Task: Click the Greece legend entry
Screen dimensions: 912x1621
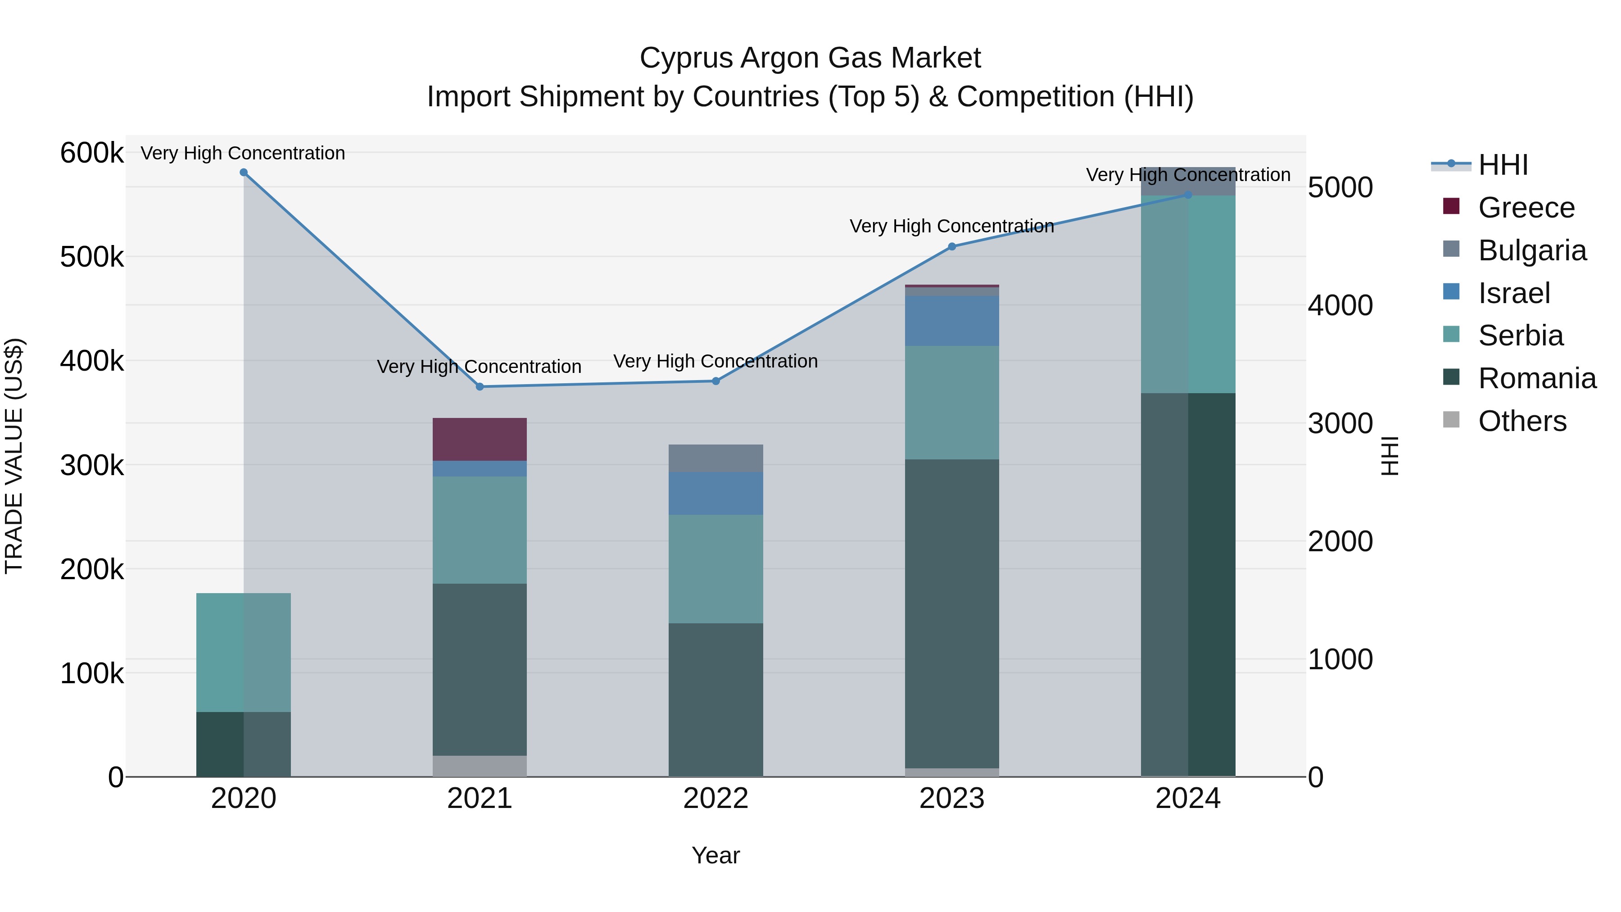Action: [x=1526, y=208]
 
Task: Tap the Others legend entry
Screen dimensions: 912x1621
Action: [x=1521, y=421]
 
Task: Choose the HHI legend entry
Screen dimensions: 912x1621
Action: [x=1502, y=165]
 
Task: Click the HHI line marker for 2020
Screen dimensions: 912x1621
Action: [x=244, y=172]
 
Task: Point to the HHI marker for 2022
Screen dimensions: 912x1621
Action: [x=715, y=381]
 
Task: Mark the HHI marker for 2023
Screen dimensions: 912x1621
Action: [x=951, y=247]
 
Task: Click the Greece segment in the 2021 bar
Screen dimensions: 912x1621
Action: [x=480, y=439]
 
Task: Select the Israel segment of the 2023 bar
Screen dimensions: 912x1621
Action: [x=951, y=321]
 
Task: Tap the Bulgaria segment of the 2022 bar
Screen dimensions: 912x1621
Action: [x=715, y=458]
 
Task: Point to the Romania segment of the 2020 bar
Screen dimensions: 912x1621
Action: [x=244, y=744]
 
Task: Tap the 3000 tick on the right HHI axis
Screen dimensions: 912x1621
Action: [x=1340, y=424]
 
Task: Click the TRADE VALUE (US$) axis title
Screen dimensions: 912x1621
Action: [x=14, y=456]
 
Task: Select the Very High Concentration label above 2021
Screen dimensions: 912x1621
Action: [x=479, y=366]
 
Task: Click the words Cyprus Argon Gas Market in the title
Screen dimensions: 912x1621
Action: [x=810, y=58]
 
